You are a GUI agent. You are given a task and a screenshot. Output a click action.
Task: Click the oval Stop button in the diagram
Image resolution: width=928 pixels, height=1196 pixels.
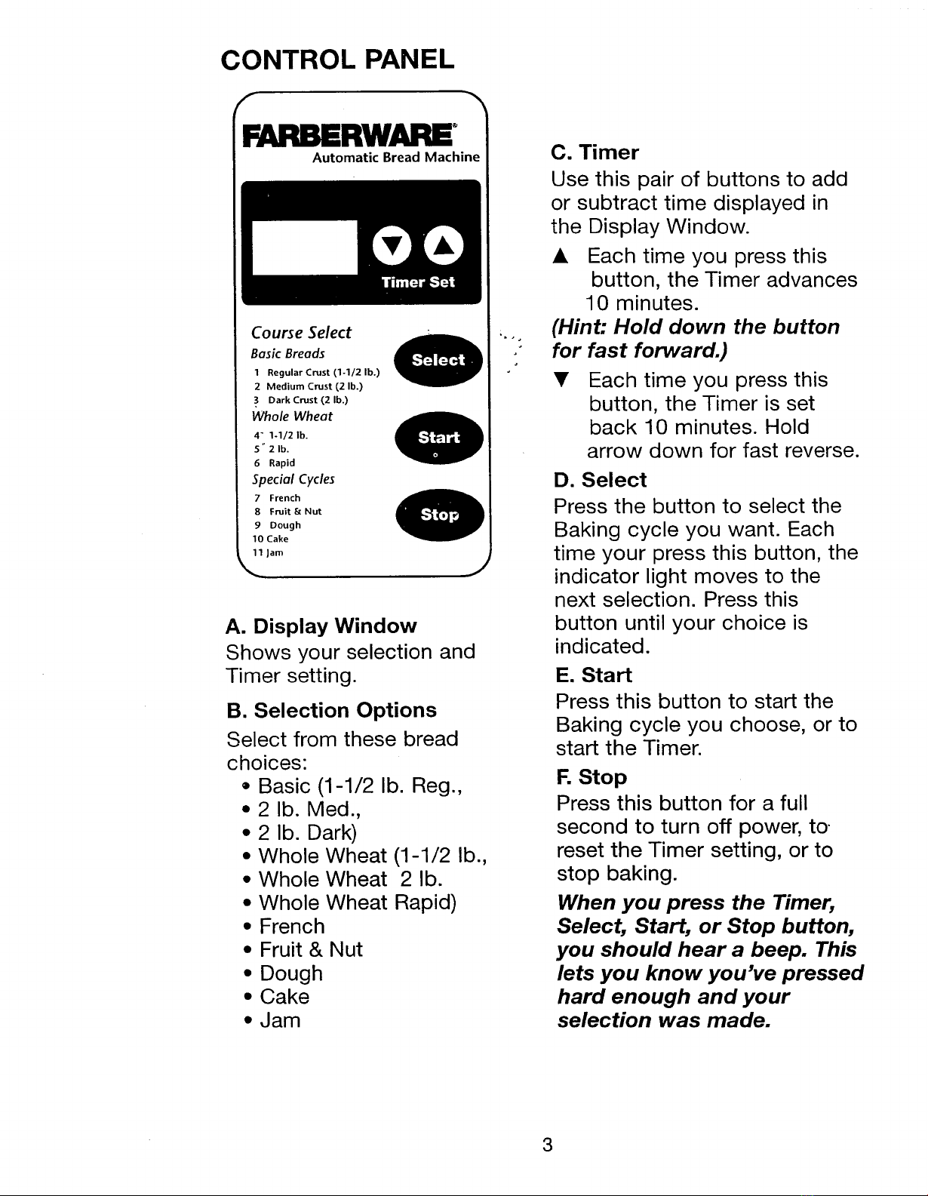pyautogui.click(x=439, y=515)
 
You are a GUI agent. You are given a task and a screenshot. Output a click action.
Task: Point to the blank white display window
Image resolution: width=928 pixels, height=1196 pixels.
pyautogui.click(x=304, y=247)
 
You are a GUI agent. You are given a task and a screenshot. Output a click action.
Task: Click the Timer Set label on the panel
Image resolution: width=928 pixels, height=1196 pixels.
pyautogui.click(x=418, y=282)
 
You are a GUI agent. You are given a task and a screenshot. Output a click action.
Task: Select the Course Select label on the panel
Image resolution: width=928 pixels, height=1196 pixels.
pyautogui.click(x=301, y=333)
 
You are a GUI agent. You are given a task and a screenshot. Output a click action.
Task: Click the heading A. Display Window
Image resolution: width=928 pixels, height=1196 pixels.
pyautogui.click(x=321, y=626)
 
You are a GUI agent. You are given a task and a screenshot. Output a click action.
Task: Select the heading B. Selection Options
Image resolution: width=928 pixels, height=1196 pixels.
pyautogui.click(x=332, y=710)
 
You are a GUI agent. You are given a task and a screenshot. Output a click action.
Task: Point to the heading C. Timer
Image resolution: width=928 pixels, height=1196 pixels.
pyautogui.click(x=595, y=152)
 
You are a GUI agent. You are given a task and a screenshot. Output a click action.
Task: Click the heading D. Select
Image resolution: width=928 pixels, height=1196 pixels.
pyautogui.click(x=600, y=480)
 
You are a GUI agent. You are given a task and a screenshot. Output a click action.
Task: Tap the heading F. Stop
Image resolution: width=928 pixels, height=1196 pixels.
pyautogui.click(x=592, y=777)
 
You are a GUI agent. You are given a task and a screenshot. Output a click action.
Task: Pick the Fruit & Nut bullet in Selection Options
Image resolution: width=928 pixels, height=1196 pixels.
pyautogui.click(x=310, y=949)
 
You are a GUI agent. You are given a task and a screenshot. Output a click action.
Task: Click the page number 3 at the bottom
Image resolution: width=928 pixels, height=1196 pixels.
pyautogui.click(x=548, y=1145)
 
